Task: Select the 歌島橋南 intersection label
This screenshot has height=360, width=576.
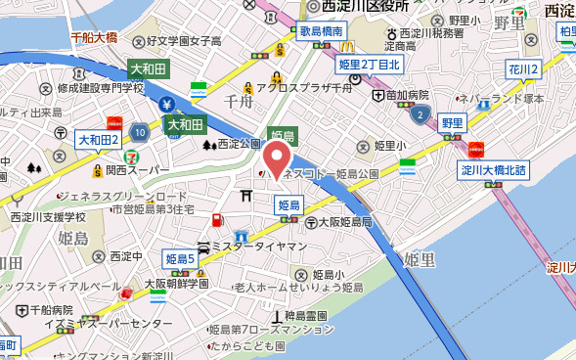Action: pos(322,31)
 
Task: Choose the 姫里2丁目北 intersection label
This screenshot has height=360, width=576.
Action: pos(370,66)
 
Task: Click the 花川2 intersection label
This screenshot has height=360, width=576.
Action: pos(524,69)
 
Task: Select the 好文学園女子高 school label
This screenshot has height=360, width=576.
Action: pos(184,42)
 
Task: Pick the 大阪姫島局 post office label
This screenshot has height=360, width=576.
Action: pos(338,223)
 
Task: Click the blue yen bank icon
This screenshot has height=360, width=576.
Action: pos(168,103)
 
